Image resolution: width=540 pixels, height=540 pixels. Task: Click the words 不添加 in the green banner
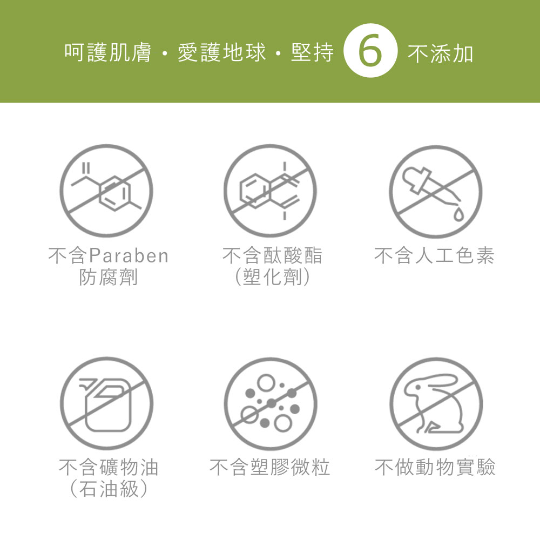point(440,54)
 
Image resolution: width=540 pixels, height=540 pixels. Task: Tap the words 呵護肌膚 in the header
point(107,53)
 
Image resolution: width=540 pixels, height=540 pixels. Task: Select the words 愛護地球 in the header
point(222,53)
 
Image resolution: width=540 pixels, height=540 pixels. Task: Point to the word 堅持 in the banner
point(312,53)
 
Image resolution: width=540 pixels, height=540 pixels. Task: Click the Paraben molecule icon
point(107,191)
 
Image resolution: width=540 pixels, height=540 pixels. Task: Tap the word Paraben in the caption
point(129,255)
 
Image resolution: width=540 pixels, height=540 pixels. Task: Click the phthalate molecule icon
point(270,191)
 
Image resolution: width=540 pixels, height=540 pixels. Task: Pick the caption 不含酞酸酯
point(272,255)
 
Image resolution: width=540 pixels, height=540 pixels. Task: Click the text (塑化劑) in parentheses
point(272,278)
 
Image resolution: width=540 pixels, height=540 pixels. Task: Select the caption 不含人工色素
point(434,255)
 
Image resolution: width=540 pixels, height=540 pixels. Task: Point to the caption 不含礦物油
point(108,467)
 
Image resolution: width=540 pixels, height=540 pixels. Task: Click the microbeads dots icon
point(270,404)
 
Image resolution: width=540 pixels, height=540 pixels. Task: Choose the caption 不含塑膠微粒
point(270,467)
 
